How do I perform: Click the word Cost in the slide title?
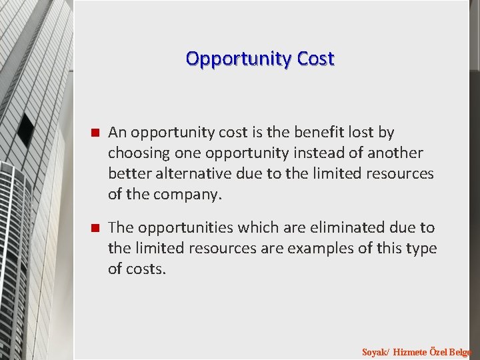316,59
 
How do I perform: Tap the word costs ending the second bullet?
146,269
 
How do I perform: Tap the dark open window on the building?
26,129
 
